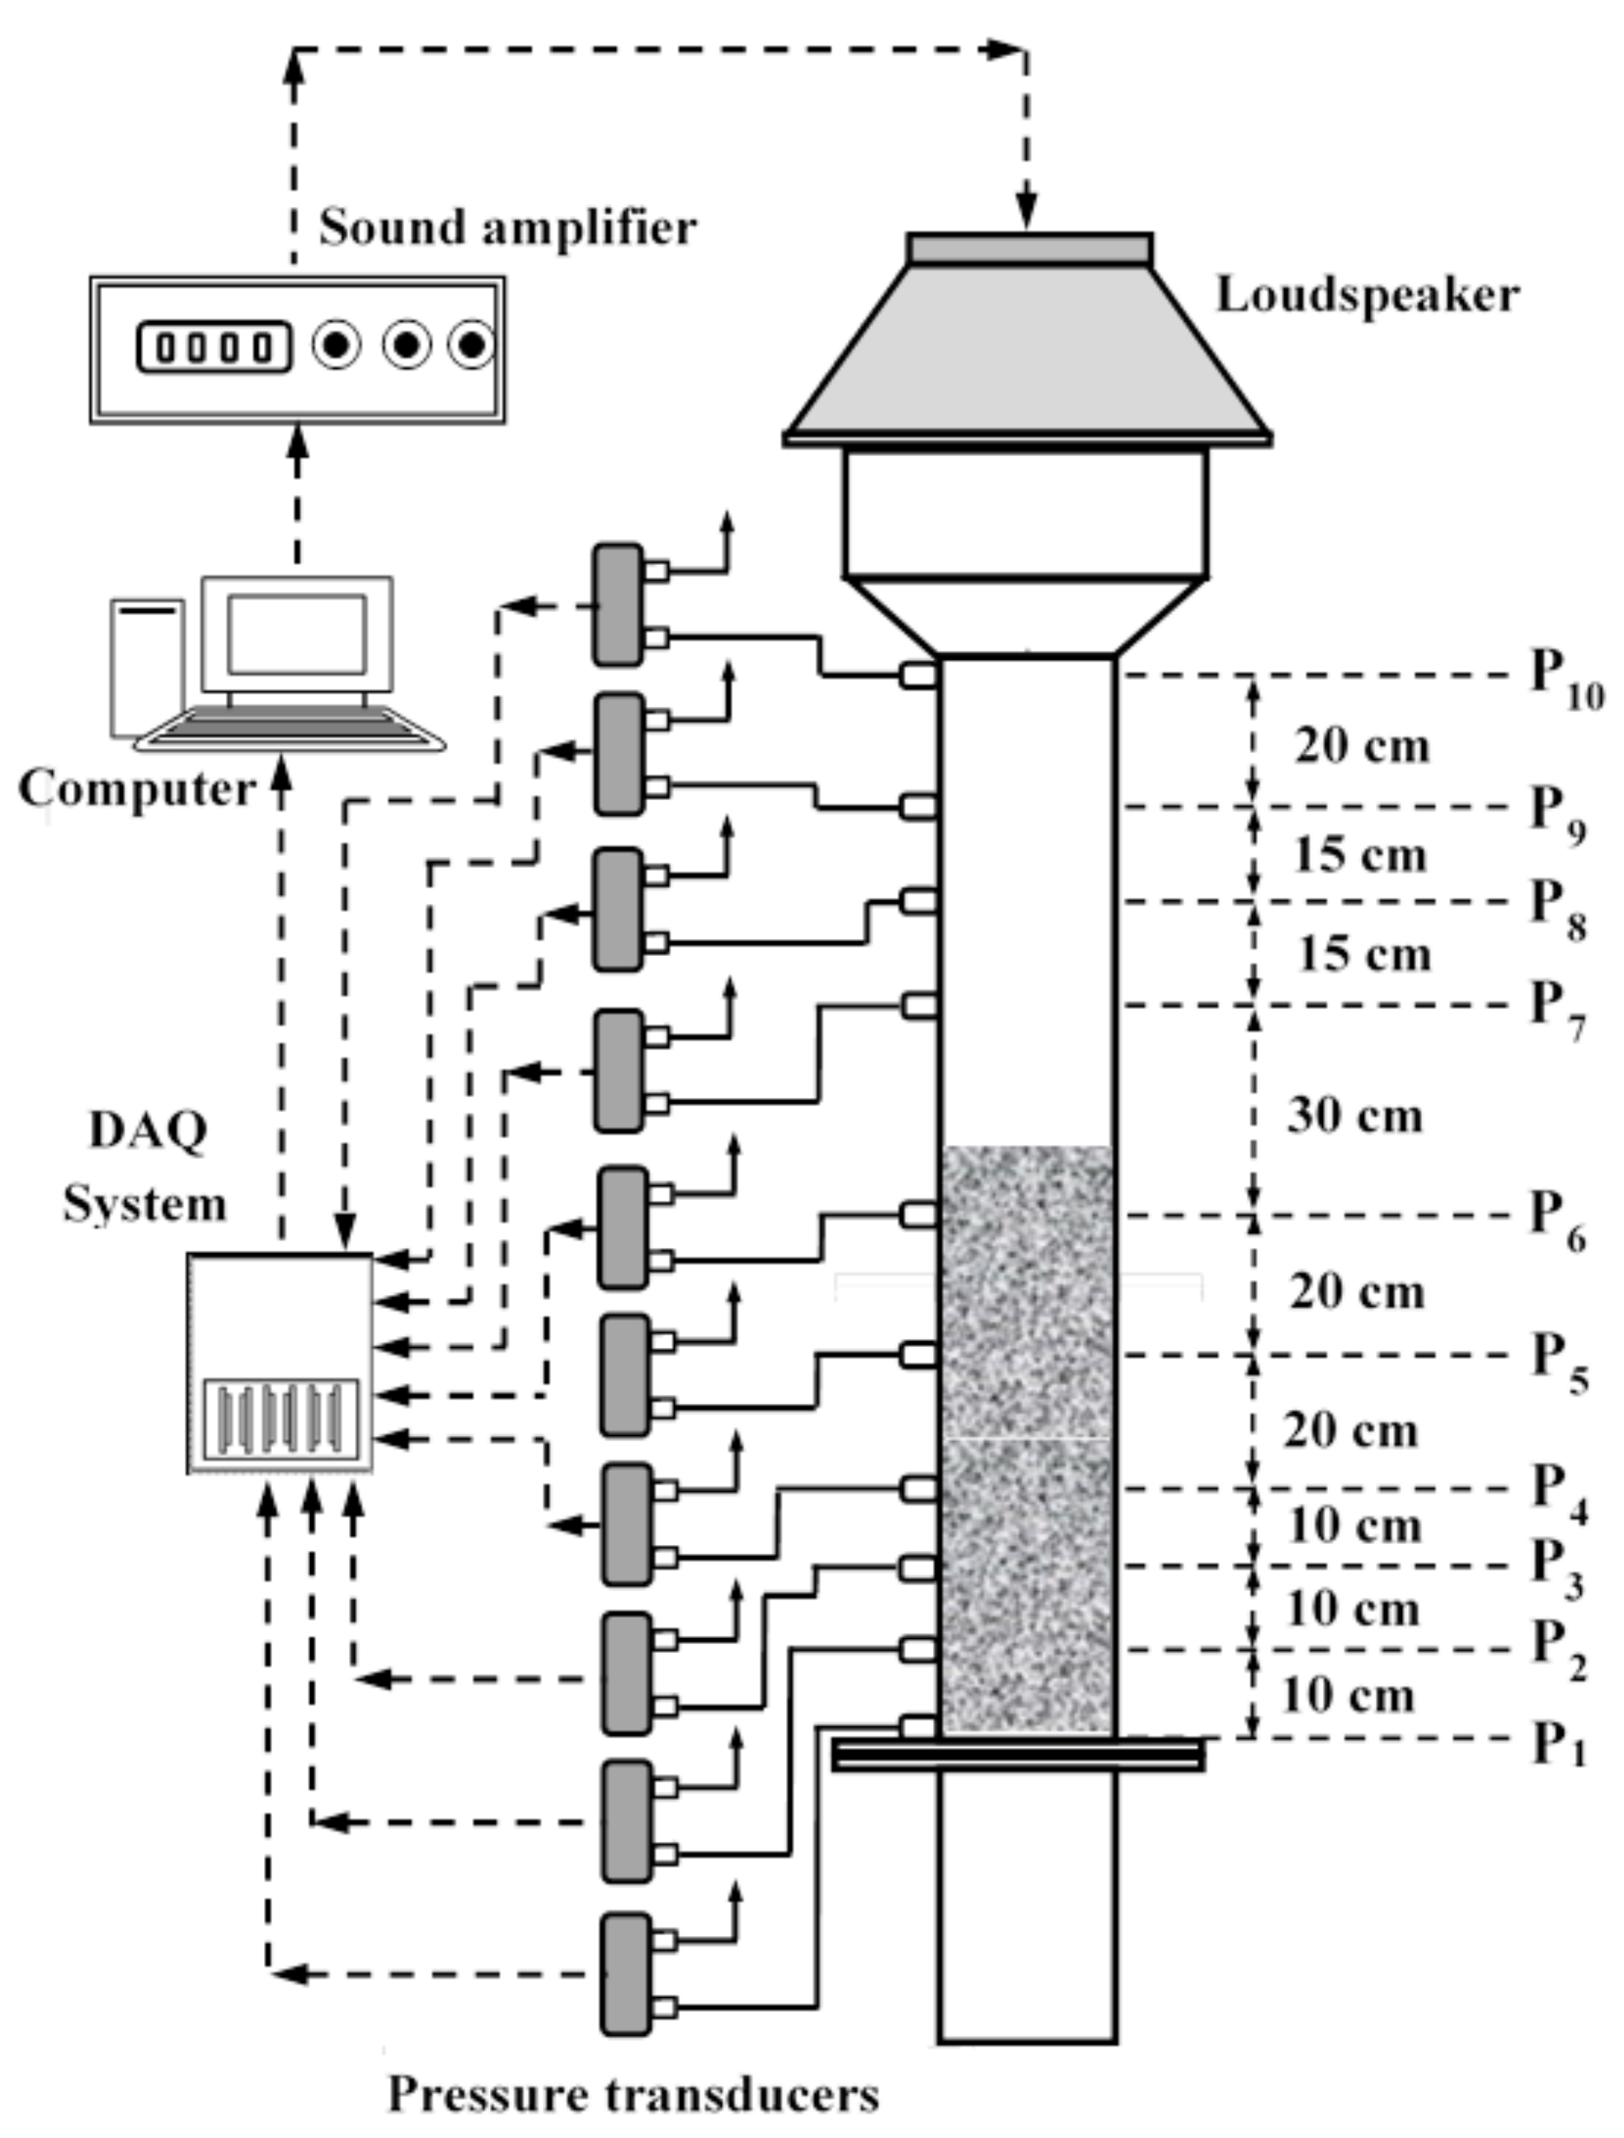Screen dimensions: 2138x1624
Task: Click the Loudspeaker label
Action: (x=1366, y=294)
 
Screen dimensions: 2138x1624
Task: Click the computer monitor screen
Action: (x=297, y=634)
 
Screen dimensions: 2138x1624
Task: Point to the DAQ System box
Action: (x=280, y=1363)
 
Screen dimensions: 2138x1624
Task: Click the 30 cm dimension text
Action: (x=1354, y=1115)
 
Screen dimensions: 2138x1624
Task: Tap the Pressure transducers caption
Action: (x=633, y=2094)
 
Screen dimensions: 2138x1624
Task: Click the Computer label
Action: (x=136, y=788)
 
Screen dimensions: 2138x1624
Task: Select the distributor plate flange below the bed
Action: (x=1019, y=1754)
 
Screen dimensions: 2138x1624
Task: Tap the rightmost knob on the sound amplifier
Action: (x=472, y=345)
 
